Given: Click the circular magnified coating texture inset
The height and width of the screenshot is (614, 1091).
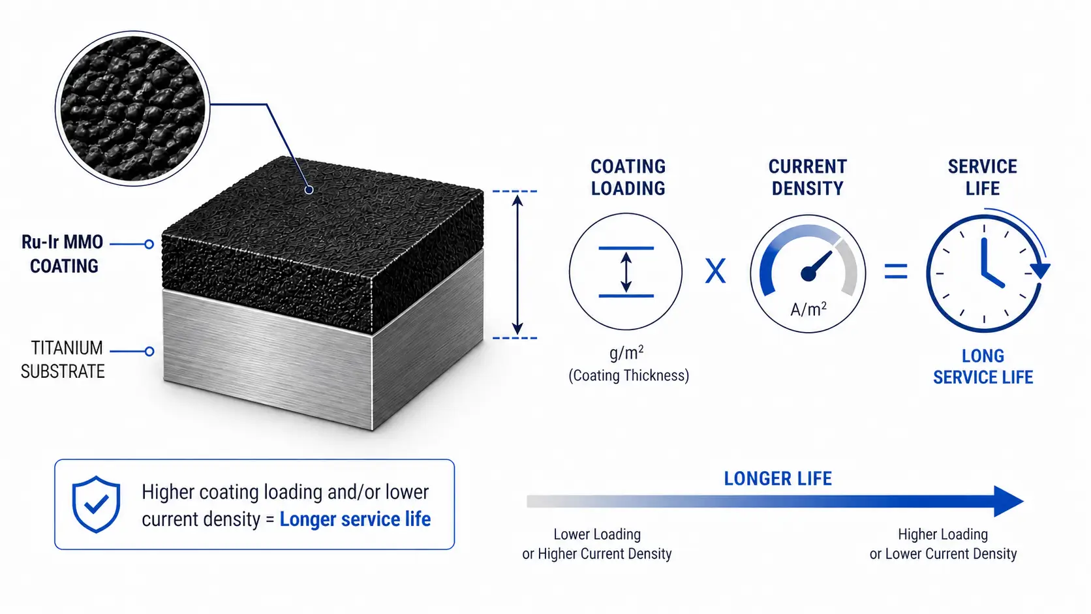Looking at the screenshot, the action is coord(132,108).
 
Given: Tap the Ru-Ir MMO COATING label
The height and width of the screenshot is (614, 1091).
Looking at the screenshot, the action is coord(63,254).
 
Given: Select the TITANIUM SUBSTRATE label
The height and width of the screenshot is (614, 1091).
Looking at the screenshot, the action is coord(63,360).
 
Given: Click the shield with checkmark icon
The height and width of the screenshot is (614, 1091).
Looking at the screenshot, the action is coord(96,504).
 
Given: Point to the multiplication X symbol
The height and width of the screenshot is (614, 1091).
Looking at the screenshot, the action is coord(716,271).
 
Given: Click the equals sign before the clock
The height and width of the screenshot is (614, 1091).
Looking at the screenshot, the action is coord(896,271).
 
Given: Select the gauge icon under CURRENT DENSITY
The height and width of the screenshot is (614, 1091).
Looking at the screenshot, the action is coord(808,273).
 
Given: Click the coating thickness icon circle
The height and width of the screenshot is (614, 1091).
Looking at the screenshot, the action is coord(626,271).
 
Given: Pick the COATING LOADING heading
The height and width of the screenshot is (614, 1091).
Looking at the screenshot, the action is coord(628,177).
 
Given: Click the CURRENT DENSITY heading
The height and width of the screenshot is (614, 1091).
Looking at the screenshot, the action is coord(808,177).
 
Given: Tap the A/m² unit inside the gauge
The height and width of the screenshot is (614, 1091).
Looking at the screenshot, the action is coord(808,309).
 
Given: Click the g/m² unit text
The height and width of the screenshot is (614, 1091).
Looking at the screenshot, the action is coord(626,352).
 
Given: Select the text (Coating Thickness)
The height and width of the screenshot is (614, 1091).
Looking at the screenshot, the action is coord(629,375).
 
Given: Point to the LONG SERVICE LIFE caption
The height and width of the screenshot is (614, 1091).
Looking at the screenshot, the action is coord(983,367).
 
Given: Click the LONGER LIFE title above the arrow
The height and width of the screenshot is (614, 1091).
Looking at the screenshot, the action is coord(778,479).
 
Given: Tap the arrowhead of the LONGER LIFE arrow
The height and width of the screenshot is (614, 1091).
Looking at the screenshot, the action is coord(1009,501).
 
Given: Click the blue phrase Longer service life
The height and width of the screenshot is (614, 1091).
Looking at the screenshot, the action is coord(355,519).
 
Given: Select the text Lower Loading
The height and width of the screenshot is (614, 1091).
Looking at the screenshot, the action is coord(597,534).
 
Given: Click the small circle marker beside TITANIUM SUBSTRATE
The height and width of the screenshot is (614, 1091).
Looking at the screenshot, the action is coord(149,351).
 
